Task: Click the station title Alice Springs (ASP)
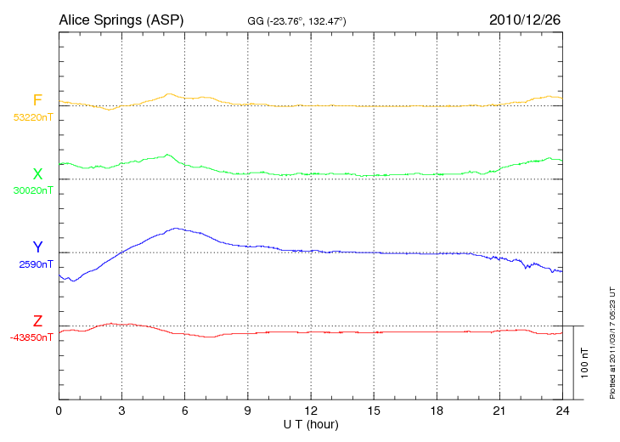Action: point(121,19)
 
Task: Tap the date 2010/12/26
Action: point(525,19)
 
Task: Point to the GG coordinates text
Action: point(296,20)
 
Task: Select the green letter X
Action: point(37,174)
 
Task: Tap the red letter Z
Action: point(37,320)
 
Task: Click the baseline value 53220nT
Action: point(32,117)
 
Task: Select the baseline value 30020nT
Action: point(32,190)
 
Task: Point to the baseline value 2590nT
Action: point(36,263)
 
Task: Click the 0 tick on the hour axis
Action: point(59,411)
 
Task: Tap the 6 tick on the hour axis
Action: point(185,411)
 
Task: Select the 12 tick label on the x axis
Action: point(311,411)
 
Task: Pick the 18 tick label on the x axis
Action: point(437,411)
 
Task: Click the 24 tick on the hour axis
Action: point(562,411)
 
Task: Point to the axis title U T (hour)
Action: point(311,423)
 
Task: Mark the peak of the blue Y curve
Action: point(176,228)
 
